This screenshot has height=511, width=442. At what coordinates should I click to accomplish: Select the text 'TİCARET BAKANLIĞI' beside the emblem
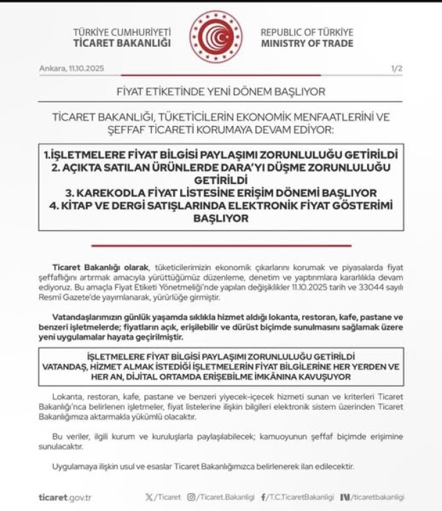[x=121, y=43]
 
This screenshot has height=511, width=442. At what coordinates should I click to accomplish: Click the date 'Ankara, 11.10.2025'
[x=72, y=70]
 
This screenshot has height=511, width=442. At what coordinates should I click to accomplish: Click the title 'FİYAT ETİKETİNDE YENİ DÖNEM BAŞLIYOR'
[x=221, y=92]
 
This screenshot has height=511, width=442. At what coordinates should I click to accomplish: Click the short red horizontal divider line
[x=221, y=245]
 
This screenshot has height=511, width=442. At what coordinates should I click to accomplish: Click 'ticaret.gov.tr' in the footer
[x=66, y=497]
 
